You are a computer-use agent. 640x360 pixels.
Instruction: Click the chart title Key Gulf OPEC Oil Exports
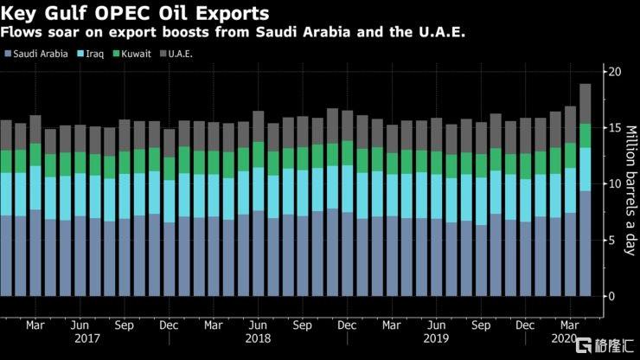pyautogui.click(x=133, y=14)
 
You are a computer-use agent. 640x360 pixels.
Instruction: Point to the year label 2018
pyautogui.click(x=258, y=338)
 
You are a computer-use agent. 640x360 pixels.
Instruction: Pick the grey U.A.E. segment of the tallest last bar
pyautogui.click(x=585, y=103)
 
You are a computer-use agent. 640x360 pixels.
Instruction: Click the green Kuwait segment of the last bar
pyautogui.click(x=585, y=135)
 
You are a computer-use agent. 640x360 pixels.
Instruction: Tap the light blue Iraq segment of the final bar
pyautogui.click(x=585, y=169)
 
